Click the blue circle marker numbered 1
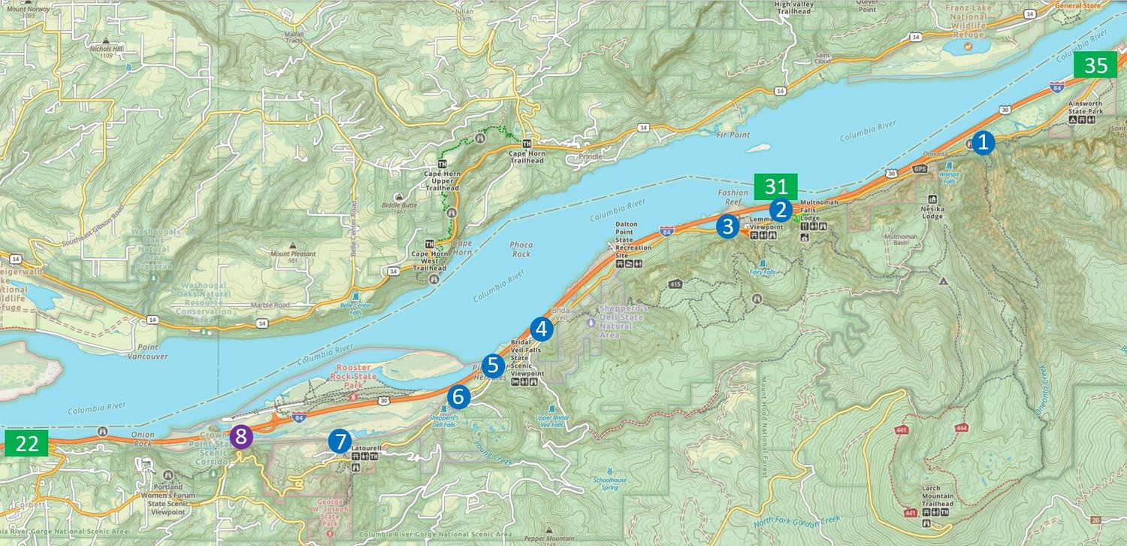983,142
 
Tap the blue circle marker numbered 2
781,210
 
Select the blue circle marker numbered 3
727,226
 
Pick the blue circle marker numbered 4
541,329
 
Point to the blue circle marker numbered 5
493,366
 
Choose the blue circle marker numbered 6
458,396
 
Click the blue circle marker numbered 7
340,441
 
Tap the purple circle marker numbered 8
240,436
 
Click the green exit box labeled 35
1095,65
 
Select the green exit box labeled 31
775,187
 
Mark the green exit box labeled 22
27,443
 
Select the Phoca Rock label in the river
520,249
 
